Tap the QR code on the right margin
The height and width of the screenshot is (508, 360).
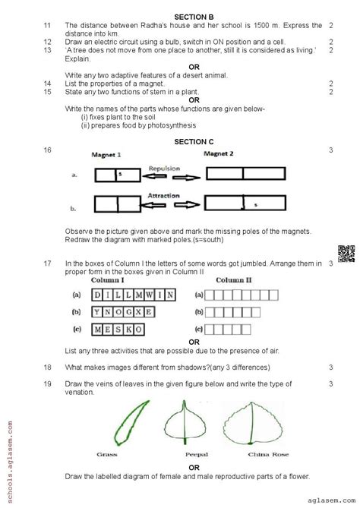click(340, 254)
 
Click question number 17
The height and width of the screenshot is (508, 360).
click(48, 263)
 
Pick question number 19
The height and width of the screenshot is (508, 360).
click(48, 383)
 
